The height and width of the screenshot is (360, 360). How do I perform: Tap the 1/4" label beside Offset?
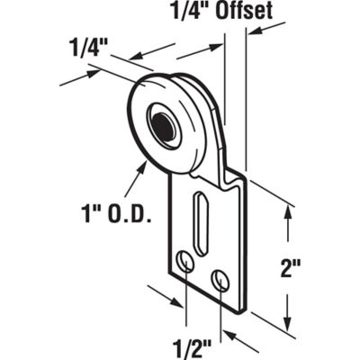click(190, 13)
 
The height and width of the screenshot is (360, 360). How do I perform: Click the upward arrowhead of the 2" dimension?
click(287, 212)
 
